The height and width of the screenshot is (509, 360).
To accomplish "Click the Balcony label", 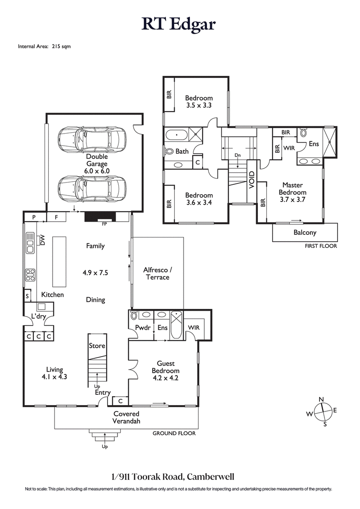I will point(305,232).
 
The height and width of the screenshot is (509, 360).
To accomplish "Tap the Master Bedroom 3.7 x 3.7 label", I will point(292,192).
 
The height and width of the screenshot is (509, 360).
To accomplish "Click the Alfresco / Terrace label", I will point(157,273).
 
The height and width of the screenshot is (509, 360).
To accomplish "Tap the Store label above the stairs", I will point(97,346).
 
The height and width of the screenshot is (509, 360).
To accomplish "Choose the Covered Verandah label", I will point(126,417).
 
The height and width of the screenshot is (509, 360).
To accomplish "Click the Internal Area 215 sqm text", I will point(44,46).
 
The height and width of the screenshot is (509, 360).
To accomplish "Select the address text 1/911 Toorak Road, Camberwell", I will point(179,476).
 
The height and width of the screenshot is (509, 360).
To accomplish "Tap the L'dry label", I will point(38,317).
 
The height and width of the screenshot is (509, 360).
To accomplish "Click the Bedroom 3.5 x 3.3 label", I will point(199,102).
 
